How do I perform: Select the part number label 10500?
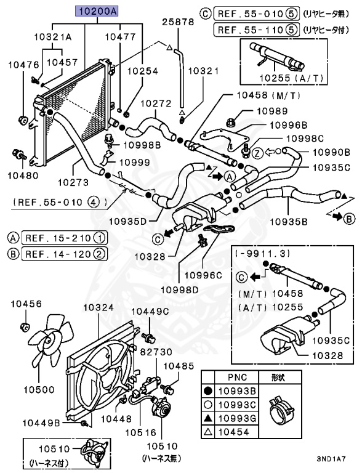click(x=39, y=389)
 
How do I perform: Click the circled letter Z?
click(x=257, y=151)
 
